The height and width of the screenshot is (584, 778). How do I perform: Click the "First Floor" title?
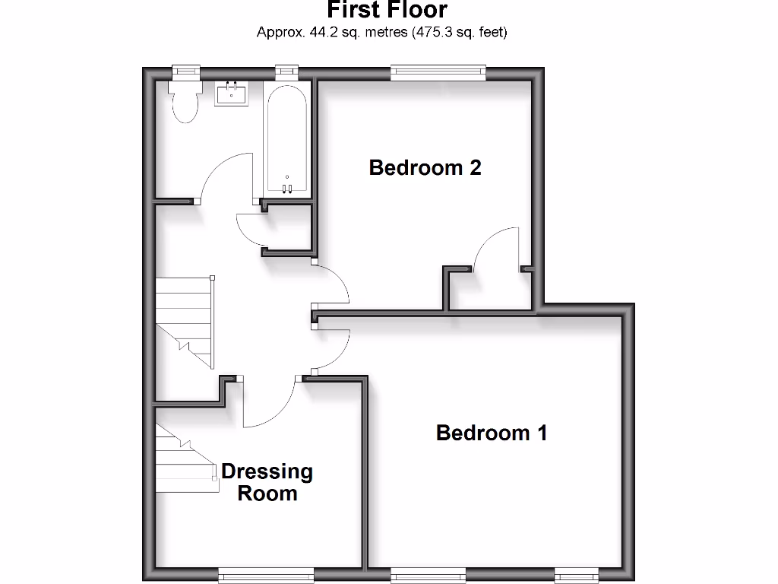click(387, 10)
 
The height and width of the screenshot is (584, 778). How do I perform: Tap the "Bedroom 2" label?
click(425, 167)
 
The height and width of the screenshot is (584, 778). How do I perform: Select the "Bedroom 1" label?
click(492, 433)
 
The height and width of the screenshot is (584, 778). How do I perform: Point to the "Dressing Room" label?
click(267, 482)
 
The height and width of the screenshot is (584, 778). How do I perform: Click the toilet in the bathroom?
click(185, 103)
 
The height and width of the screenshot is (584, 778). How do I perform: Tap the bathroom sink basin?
click(230, 94)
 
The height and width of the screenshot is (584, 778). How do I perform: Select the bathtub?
click(286, 137)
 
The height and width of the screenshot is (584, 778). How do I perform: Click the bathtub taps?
click(287, 188)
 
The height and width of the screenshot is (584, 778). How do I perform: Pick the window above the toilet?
click(185, 71)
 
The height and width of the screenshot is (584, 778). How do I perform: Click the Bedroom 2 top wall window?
click(438, 72)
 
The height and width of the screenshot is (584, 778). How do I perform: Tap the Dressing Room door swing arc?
click(270, 403)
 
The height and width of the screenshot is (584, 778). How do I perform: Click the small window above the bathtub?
click(286, 71)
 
